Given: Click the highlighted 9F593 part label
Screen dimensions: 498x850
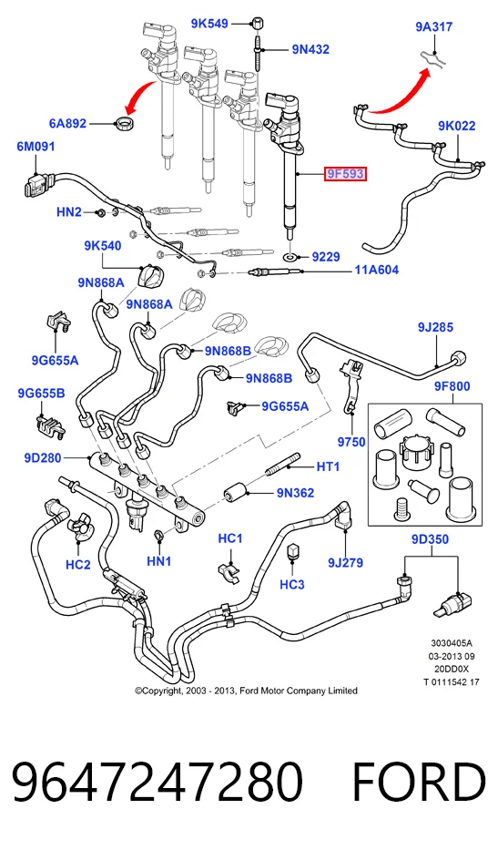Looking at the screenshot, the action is point(345,174).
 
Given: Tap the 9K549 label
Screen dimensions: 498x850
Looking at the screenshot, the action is point(209,24).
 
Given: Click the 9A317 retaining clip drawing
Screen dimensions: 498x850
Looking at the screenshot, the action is point(434,56).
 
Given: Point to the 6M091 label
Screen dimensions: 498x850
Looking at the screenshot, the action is point(36,147).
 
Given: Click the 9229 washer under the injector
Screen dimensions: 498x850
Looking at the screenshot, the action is point(292,256).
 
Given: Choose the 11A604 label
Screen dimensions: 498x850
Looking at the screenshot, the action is point(377,270).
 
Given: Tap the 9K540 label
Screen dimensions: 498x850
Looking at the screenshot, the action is point(102,246).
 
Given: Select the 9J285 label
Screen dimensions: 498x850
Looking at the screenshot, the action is point(435,327).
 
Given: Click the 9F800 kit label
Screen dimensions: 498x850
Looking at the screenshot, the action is point(452,386).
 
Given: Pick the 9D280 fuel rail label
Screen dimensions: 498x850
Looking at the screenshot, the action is point(43,458).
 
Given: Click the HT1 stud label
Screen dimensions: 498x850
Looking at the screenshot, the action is point(328,466).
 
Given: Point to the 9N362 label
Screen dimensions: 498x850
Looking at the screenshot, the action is point(295,493).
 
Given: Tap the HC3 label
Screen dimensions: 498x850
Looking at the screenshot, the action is point(292,584).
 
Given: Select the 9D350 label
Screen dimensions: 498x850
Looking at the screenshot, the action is point(430,539).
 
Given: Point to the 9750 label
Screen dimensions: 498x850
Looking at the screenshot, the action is point(351,442).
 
